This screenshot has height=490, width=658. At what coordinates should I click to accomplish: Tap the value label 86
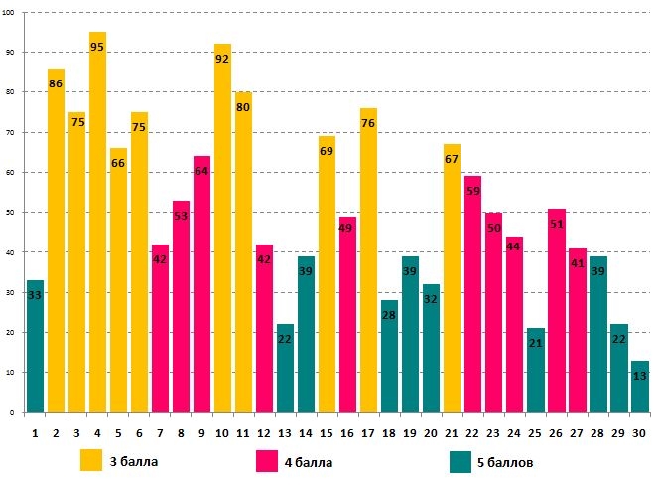pos(56,85)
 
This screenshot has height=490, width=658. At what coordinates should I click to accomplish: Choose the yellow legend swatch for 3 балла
pos(91,460)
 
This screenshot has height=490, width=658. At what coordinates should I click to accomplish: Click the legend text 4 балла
pos(307,462)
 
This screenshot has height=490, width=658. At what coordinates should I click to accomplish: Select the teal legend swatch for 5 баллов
pos(460,461)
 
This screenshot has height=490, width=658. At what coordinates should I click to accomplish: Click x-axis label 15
pos(327,433)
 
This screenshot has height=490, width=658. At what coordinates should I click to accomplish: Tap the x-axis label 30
pos(639,433)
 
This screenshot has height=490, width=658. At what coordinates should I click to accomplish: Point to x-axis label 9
pos(201,433)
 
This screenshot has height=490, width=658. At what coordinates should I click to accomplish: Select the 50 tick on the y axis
pos(11,212)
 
